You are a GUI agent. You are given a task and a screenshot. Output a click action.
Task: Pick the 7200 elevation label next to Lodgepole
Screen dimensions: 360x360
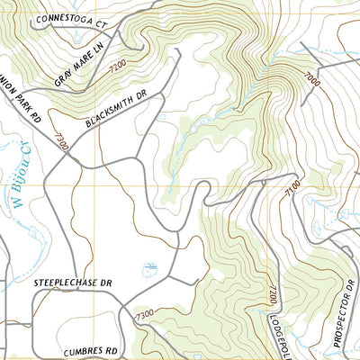point(268,293)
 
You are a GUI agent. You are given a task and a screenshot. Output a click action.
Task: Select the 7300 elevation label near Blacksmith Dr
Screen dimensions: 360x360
point(61,142)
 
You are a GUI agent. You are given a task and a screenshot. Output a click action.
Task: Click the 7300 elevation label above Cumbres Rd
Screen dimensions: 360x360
point(144,316)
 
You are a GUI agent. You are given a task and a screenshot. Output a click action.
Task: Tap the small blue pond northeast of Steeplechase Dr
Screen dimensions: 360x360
point(151,268)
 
